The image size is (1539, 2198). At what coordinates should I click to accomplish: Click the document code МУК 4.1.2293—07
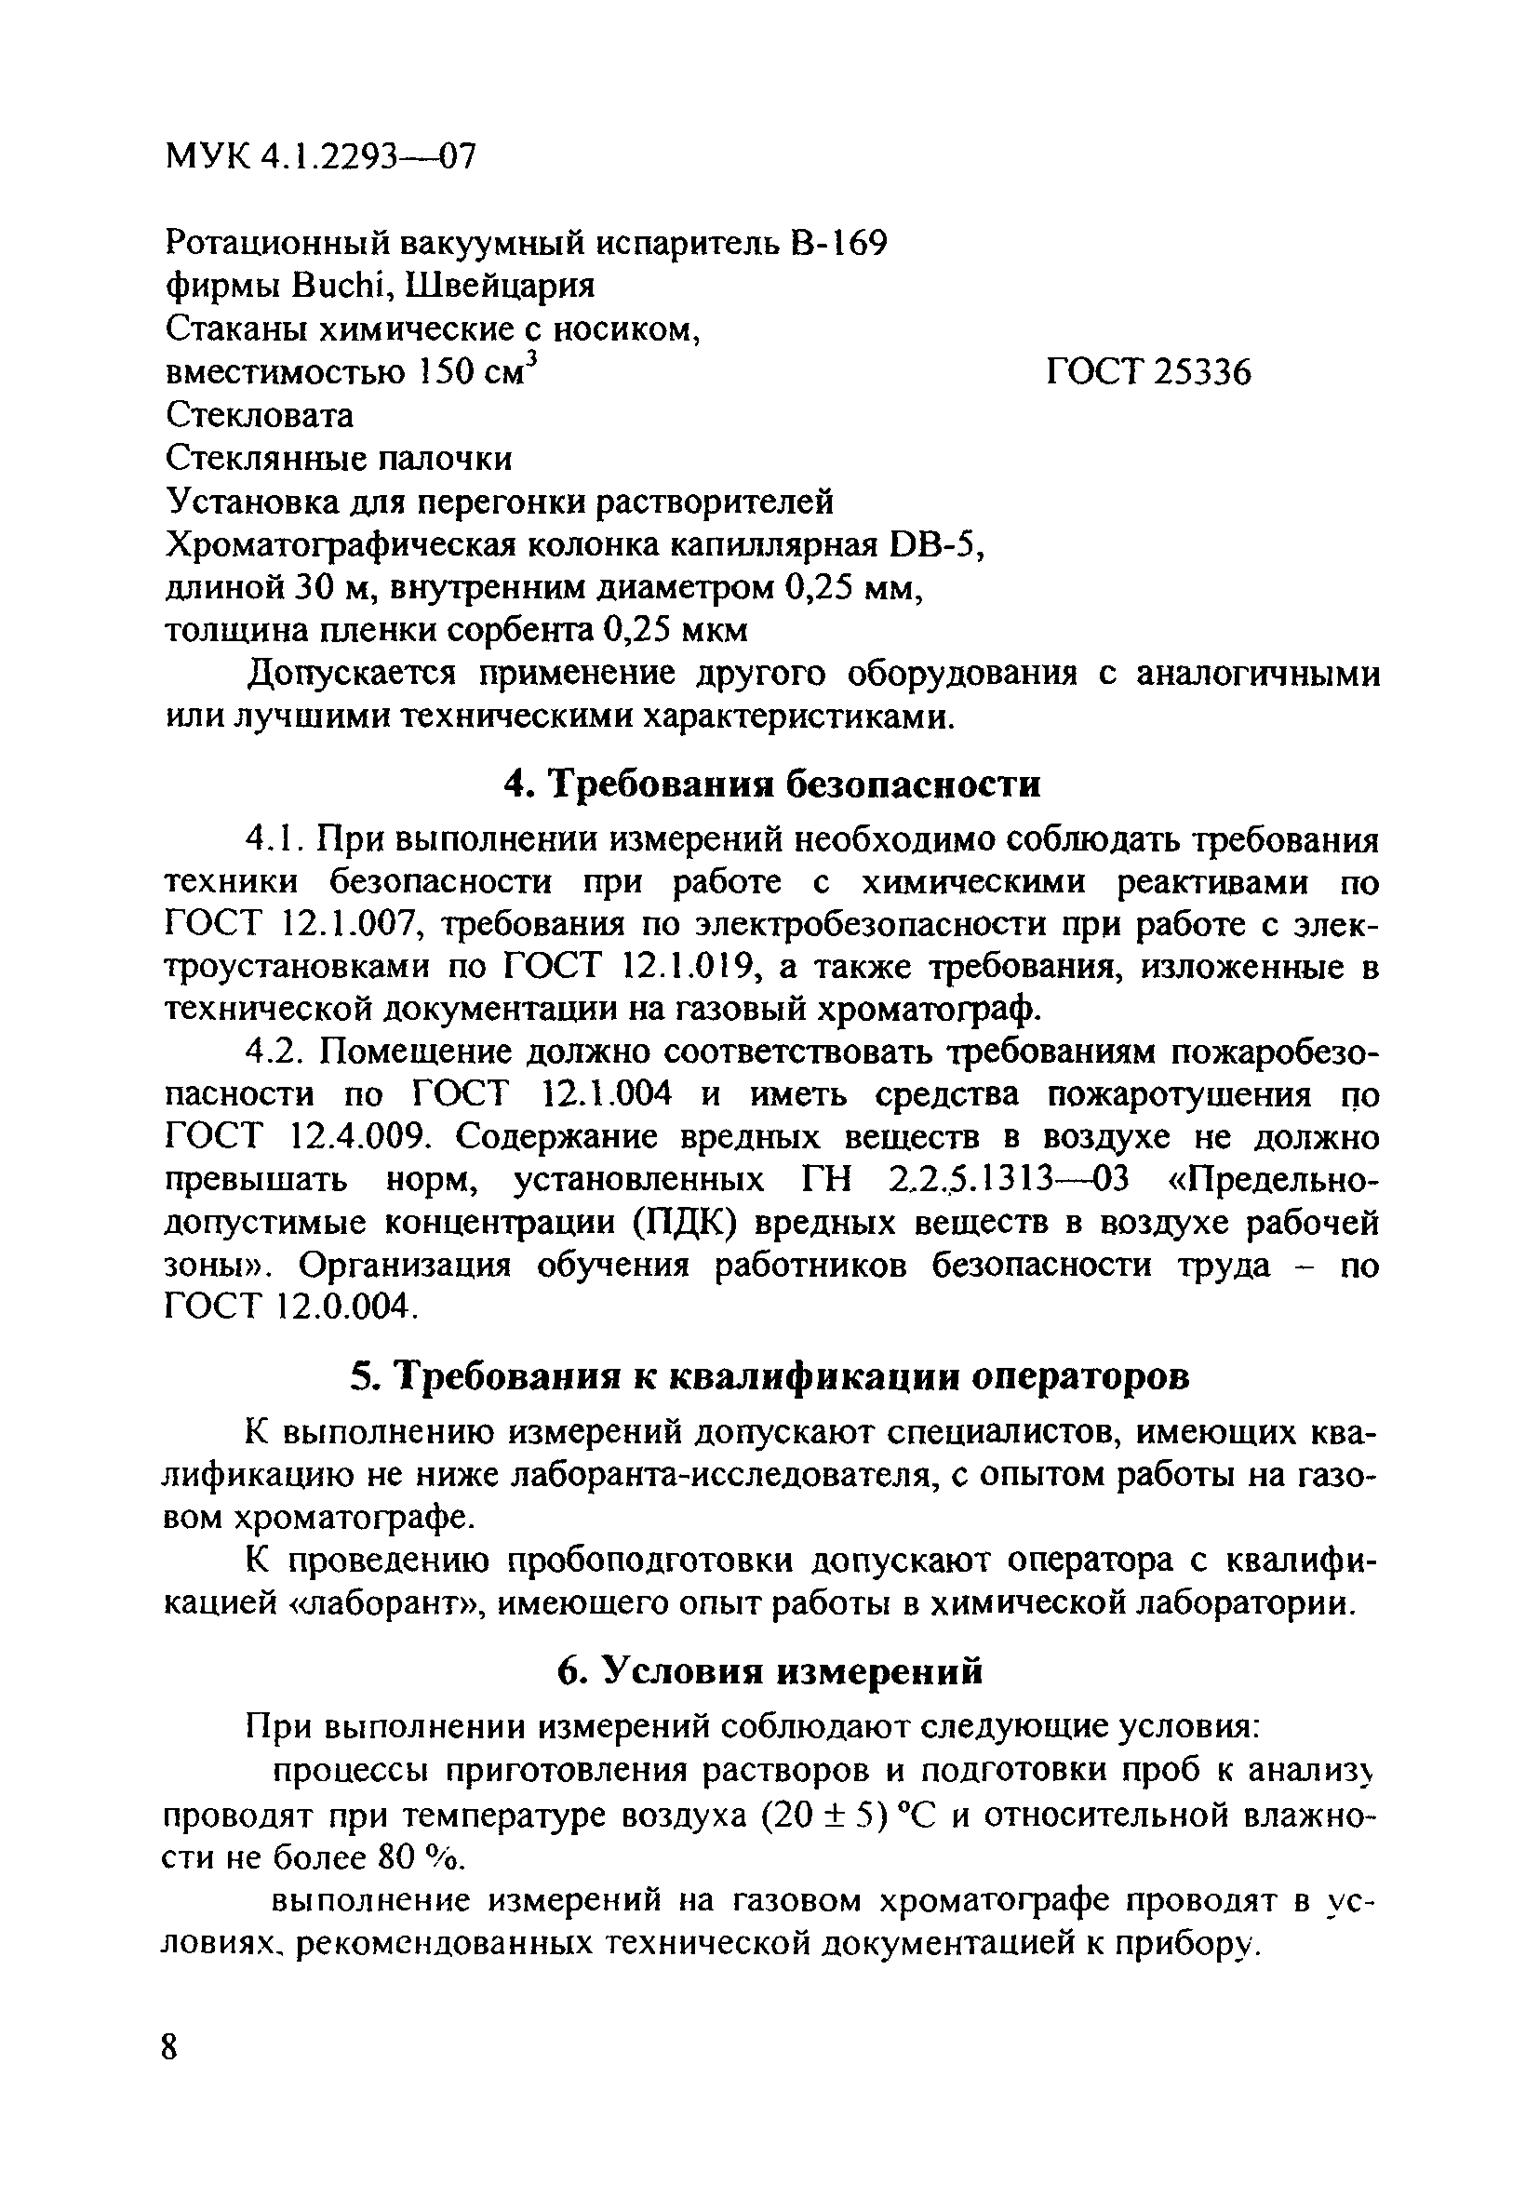point(320,155)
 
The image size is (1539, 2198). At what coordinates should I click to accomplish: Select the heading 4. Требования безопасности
point(770,784)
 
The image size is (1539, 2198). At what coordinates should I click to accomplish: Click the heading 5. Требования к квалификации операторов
point(770,1376)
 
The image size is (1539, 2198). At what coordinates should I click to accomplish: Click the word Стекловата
point(260,415)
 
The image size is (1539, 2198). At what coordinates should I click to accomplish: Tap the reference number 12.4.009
point(355,1137)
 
